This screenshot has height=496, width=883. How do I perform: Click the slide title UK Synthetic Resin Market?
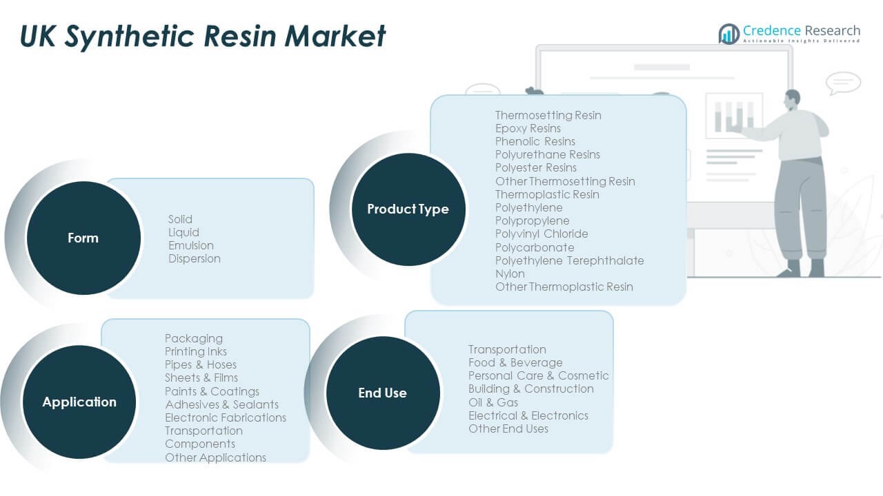203,36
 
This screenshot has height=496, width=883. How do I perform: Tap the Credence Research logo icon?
728,33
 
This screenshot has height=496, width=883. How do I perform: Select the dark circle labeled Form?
83,238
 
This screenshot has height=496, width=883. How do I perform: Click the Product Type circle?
408,209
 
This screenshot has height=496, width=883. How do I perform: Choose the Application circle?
79,402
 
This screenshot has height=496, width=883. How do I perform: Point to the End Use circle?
382,393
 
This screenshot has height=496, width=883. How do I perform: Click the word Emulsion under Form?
191,245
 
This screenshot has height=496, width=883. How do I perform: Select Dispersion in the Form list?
195,258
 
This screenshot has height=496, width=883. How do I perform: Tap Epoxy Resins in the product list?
528,128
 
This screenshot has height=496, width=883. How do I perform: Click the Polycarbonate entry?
535,247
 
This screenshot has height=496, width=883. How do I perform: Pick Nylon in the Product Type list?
510,273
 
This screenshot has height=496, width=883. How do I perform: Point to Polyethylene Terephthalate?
570,260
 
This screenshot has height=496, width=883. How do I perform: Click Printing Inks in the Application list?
196,351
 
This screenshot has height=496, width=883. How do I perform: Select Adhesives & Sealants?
222,404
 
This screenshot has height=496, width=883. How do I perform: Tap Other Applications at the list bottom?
215,457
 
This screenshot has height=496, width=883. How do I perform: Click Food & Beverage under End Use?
515,362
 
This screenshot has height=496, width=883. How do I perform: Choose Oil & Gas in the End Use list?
493,402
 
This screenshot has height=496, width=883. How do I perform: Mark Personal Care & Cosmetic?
539,375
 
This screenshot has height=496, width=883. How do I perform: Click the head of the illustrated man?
792,98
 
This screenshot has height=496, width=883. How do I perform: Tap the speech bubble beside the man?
843,83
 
